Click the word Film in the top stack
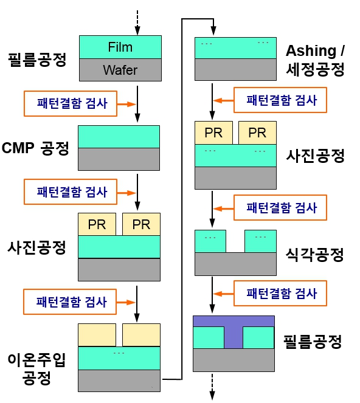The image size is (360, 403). point(120,47)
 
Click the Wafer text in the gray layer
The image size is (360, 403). point(120,70)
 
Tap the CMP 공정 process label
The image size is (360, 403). point(37,148)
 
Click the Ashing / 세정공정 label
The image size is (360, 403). point(315,59)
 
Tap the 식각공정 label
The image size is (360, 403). point(315,255)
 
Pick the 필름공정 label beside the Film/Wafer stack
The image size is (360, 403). point(37,60)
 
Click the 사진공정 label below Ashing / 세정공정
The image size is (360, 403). point(315,156)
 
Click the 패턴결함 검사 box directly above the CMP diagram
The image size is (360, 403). point(72,103)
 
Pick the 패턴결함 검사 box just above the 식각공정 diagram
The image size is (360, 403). point(282,208)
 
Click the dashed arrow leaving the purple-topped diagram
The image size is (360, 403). point(213,387)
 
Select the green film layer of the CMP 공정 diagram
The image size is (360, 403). point(119,136)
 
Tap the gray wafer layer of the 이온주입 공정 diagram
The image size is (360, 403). point(119,381)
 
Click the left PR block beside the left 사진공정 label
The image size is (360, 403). point(97,224)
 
